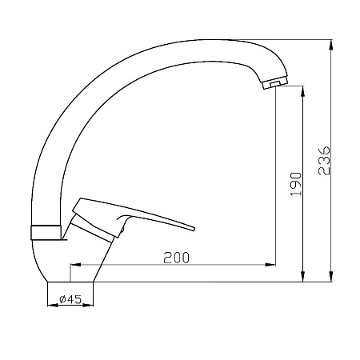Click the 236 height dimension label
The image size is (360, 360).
(324, 160)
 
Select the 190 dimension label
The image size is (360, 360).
(296, 184)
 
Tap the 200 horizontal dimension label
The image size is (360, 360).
(176, 258)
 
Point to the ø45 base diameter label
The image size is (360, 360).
(70, 299)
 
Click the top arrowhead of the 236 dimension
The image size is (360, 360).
(331, 45)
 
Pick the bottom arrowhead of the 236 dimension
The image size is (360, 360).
(331, 277)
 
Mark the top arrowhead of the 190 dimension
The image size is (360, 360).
(302, 91)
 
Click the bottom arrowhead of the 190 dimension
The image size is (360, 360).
(302, 277)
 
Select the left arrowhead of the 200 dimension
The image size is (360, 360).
(75, 265)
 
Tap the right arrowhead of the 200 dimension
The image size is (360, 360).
(270, 265)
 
